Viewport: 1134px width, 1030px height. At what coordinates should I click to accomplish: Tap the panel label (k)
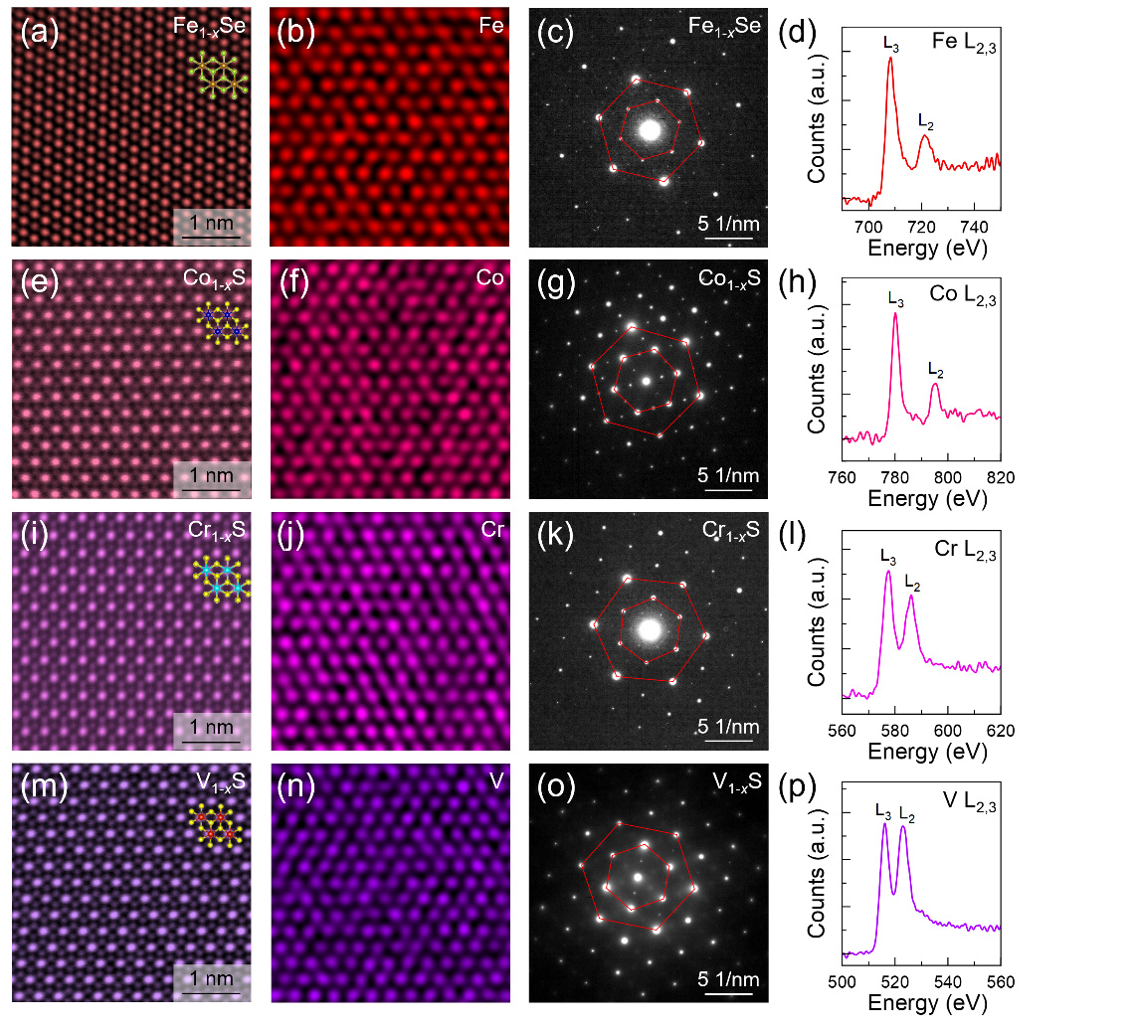click(x=557, y=537)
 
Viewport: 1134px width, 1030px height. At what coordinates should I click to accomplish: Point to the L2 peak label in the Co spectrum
click(x=935, y=370)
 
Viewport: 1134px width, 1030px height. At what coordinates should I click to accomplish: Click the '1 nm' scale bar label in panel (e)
click(x=211, y=475)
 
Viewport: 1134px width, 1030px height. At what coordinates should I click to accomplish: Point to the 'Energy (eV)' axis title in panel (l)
click(x=920, y=751)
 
